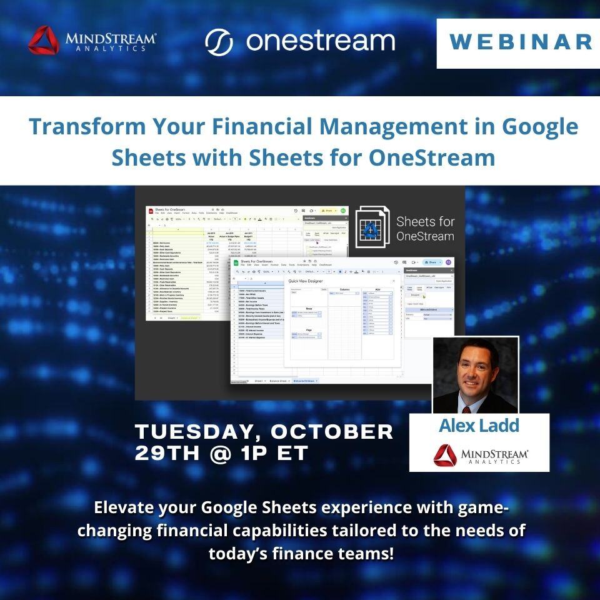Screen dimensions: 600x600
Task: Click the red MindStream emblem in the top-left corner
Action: click(x=43, y=40)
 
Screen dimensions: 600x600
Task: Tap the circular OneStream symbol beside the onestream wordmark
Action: click(x=219, y=42)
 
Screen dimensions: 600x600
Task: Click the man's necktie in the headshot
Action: click(x=474, y=406)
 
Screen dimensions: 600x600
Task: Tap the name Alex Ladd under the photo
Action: click(x=479, y=426)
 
